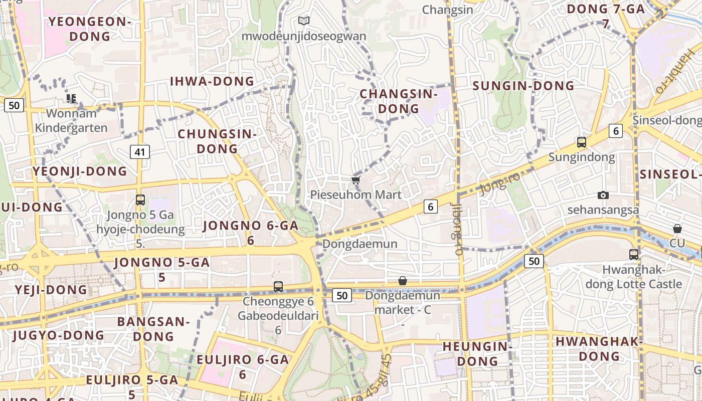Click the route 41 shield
coord(140,151)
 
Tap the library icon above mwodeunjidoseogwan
coord(304,21)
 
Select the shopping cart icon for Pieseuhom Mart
coord(356,180)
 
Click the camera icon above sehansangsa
coord(603,195)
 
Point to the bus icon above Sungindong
coord(582,142)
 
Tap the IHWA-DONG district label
coord(212,81)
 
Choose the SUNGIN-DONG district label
coord(523,86)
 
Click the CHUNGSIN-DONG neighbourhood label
coord(217,141)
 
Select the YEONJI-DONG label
coord(80,171)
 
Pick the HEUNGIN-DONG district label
coord(477,353)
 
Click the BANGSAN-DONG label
coord(153,329)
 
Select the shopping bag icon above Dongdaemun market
coord(402,281)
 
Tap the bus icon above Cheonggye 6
coord(278,287)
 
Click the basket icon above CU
coord(677,229)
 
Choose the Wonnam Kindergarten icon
coord(71,99)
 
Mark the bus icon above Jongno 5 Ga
coord(140,200)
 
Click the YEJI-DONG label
coord(51,290)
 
